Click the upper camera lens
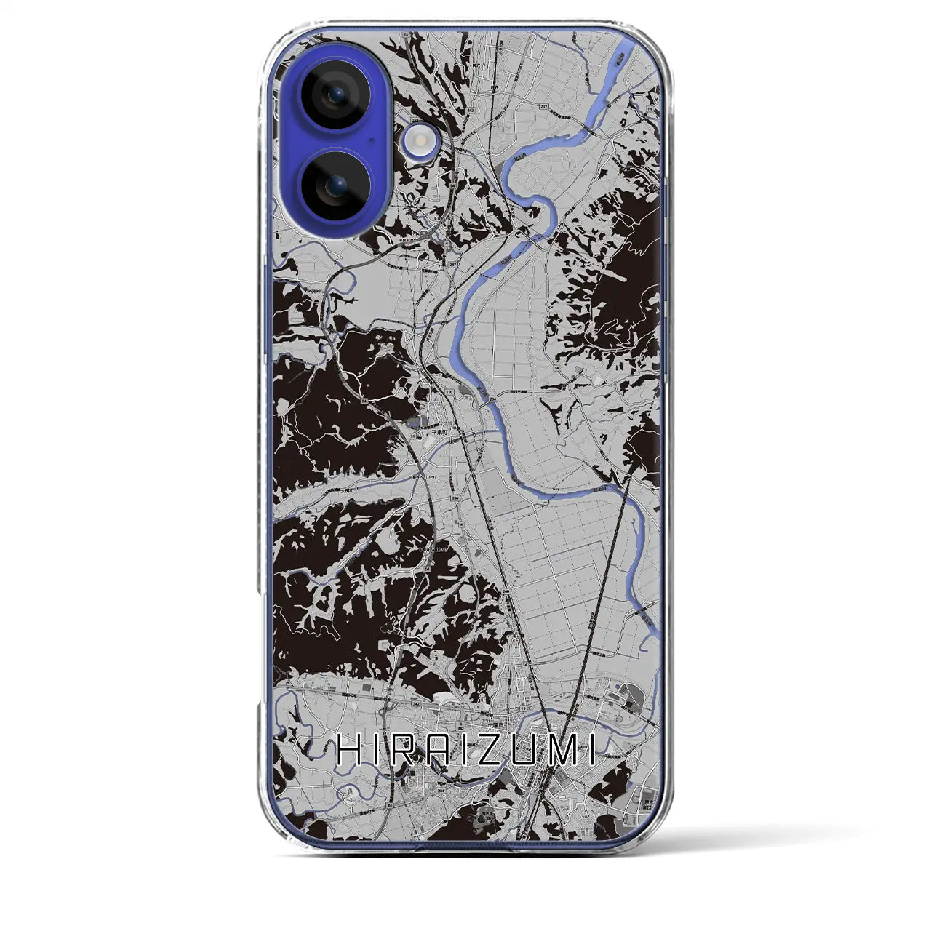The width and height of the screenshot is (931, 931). (335, 95)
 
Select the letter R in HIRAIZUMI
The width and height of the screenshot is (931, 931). (410, 751)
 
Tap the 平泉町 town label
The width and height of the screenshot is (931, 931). (440, 431)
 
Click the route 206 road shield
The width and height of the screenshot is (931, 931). (493, 399)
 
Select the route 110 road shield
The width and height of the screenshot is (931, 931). (449, 392)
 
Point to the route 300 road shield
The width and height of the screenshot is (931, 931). (455, 498)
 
